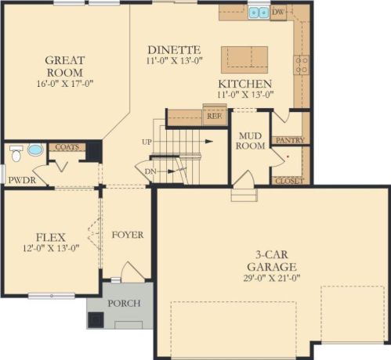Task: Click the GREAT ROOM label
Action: pos(65,67)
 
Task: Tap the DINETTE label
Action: pos(174,50)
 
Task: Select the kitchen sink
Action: pos(259,13)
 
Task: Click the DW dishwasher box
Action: pos(278,12)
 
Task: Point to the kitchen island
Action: pos(244,59)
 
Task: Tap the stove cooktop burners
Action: pos(301,65)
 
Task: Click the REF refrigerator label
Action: pos(215,116)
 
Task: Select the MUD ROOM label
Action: pos(251,141)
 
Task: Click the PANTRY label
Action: pos(290,140)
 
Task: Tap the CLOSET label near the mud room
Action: pos(290,181)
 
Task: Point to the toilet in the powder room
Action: pos(16,153)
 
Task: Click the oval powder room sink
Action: pos(35,149)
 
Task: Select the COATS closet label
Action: pos(67,147)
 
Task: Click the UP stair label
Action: pos(147,142)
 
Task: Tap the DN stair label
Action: pos(150,171)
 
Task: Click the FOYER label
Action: pos(128,235)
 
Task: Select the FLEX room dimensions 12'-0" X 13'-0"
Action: pos(51,248)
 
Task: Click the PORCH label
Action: pos(125,304)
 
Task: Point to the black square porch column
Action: pos(96,320)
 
